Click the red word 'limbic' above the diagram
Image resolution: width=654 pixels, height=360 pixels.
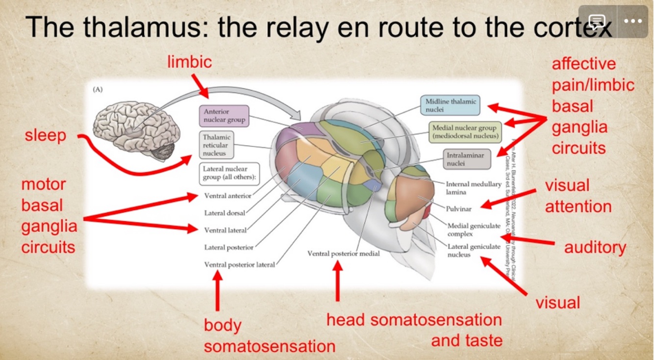pyautogui.click(x=189, y=62)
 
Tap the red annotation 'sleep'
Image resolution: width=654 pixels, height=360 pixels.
pyautogui.click(x=45, y=135)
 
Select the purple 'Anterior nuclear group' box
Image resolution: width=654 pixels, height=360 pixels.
pyautogui.click(x=224, y=116)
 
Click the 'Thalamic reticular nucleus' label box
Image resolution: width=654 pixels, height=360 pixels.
pyautogui.click(x=216, y=145)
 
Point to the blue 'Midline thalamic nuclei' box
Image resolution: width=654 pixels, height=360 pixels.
pyautogui.click(x=450, y=105)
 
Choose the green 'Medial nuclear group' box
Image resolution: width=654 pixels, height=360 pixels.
pyautogui.click(x=465, y=132)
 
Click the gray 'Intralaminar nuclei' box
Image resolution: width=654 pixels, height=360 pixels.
pyautogui.click(x=465, y=159)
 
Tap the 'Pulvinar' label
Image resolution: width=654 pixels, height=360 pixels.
pyautogui.click(x=458, y=209)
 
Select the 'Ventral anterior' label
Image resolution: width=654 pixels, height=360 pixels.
pyautogui.click(x=227, y=196)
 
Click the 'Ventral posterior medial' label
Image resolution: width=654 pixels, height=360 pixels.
pyautogui.click(x=343, y=254)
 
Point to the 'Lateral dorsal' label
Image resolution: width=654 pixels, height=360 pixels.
pyautogui.click(x=225, y=213)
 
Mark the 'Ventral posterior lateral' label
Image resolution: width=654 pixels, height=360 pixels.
pyautogui.click(x=239, y=265)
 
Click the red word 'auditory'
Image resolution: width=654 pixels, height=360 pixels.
pyautogui.click(x=595, y=248)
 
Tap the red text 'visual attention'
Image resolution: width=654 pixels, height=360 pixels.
pyautogui.click(x=578, y=196)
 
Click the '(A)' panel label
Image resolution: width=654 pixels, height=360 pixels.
pyautogui.click(x=98, y=90)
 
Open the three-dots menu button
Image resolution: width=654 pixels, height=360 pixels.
pyautogui.click(x=633, y=21)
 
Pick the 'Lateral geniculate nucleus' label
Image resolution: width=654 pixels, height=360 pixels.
pyautogui.click(x=473, y=250)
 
